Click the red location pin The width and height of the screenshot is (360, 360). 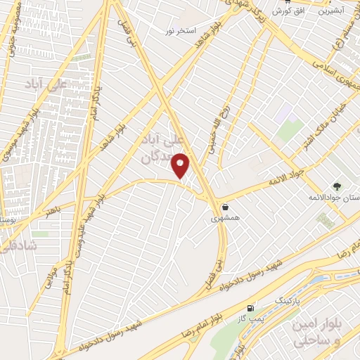coord(181,165)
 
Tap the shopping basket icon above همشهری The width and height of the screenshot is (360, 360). coord(225,207)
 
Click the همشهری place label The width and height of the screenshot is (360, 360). coord(225,218)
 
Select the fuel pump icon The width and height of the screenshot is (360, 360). coord(251,308)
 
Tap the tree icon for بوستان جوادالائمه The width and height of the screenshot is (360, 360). coord(337,187)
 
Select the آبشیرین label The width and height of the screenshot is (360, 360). coord(332,11)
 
